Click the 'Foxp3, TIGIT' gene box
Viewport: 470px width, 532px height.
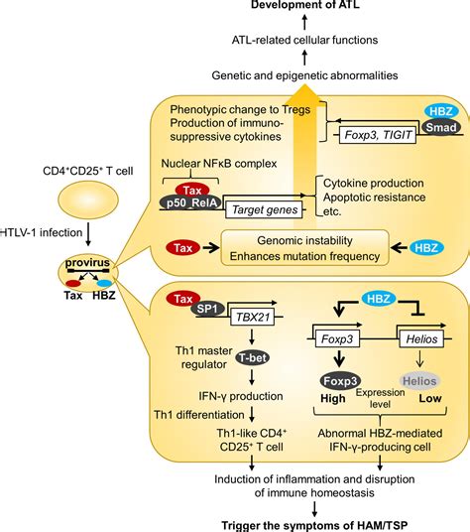tap(378, 135)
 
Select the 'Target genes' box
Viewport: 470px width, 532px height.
tap(264, 209)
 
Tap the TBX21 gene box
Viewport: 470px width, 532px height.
tap(253, 318)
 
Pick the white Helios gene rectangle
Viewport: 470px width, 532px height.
tap(421, 338)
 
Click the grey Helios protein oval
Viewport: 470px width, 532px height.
tap(419, 381)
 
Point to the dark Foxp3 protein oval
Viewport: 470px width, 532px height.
tap(340, 381)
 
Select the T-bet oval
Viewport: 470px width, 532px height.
tap(253, 357)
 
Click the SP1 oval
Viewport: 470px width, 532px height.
tap(207, 309)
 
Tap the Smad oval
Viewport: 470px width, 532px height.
tap(440, 128)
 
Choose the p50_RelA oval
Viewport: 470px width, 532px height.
tap(191, 202)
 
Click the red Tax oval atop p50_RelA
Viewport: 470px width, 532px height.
tap(192, 190)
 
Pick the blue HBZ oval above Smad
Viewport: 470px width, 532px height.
tap(440, 111)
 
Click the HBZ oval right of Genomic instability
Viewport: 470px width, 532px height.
tap(426, 248)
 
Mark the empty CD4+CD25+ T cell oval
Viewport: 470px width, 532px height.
tap(88, 199)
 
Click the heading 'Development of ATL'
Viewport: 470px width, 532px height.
tap(305, 5)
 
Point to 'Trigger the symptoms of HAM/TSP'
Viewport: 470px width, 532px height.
tap(314, 525)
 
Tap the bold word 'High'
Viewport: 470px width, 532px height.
tap(333, 398)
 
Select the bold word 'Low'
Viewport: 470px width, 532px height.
tap(430, 398)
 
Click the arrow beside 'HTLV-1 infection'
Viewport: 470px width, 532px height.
tap(88, 234)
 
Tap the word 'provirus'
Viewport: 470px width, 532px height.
tap(87, 263)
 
